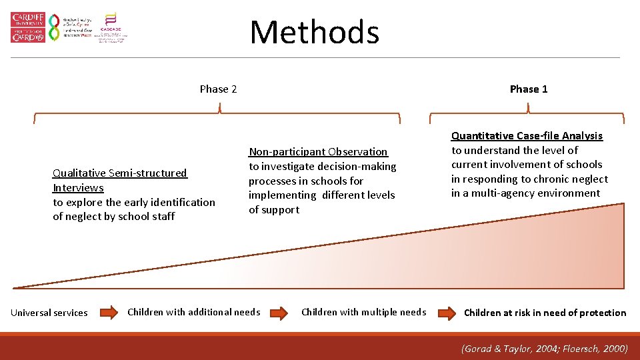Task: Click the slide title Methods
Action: tap(314, 32)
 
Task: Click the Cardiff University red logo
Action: tap(28, 27)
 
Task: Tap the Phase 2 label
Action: tap(218, 89)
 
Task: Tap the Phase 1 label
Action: tap(529, 89)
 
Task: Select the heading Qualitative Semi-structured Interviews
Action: tap(120, 180)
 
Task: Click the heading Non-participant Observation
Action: tap(318, 151)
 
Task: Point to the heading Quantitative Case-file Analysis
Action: tap(527, 135)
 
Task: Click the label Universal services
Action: tap(49, 313)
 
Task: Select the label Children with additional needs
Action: tap(193, 312)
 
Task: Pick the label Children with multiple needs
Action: tap(363, 312)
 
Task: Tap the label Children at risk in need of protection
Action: tap(545, 313)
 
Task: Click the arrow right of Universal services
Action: tap(107, 313)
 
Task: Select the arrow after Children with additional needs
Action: tap(281, 313)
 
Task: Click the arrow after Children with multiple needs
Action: tap(445, 313)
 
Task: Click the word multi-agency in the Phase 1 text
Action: tap(495, 193)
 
